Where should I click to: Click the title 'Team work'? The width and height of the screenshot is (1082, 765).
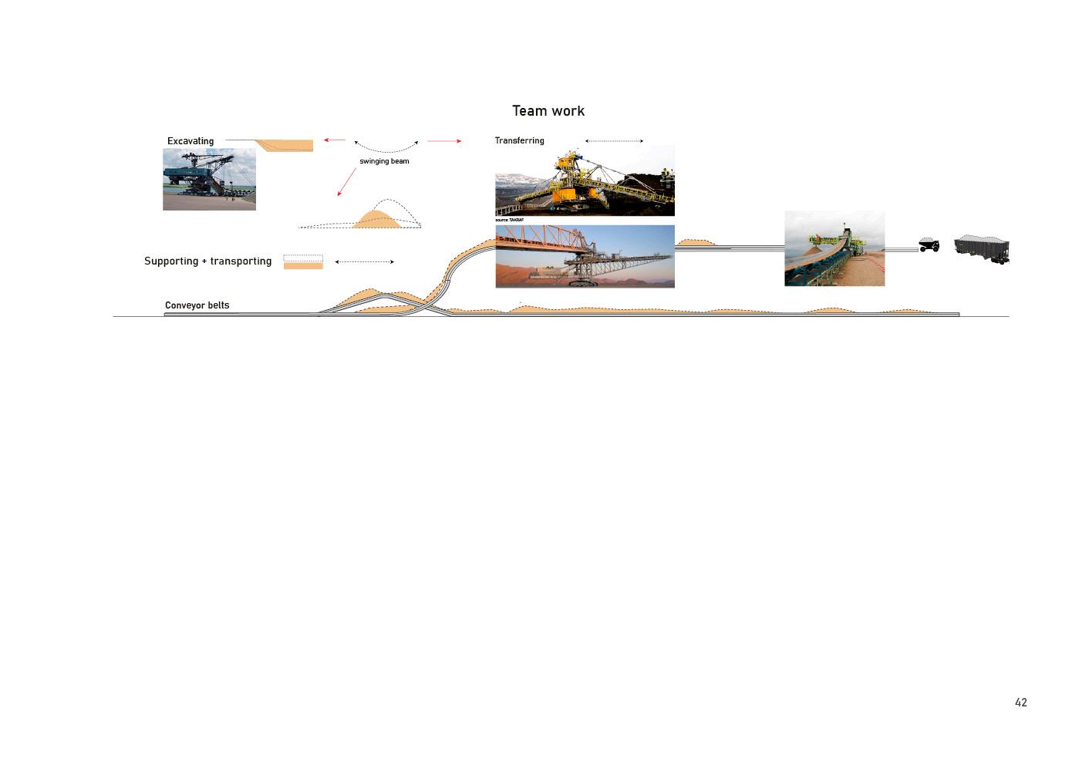(548, 111)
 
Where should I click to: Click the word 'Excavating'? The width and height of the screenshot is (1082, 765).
(190, 141)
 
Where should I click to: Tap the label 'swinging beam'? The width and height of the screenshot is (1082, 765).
(384, 161)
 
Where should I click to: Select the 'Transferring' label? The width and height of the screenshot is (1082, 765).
(519, 140)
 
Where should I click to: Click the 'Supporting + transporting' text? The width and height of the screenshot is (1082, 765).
(207, 261)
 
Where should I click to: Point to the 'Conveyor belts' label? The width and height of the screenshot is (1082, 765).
(197, 305)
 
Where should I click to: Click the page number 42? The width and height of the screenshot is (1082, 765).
(1020, 703)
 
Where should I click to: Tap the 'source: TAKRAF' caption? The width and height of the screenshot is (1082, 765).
(509, 221)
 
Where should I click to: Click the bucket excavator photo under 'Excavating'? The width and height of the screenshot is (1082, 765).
(209, 180)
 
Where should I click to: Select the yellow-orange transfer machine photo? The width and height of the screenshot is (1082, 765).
(585, 181)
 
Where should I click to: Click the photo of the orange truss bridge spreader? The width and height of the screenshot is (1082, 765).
(585, 257)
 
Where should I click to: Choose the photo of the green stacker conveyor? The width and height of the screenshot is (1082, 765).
(834, 248)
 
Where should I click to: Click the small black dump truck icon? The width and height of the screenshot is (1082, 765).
(929, 245)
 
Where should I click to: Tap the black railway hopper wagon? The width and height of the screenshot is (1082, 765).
(981, 249)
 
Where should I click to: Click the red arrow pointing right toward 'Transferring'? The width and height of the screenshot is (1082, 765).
(444, 141)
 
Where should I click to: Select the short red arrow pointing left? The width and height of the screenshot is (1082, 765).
(334, 140)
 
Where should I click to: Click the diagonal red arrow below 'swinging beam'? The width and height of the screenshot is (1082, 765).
(346, 182)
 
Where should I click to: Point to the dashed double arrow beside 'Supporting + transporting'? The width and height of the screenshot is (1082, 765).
(365, 262)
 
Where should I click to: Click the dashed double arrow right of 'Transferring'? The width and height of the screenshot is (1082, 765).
(614, 141)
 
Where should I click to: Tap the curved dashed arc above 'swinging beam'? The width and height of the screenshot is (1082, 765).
(386, 150)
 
